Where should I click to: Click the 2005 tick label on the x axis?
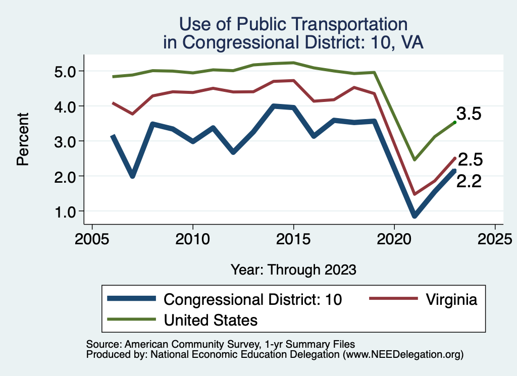[91, 238]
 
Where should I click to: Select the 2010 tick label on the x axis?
[192, 238]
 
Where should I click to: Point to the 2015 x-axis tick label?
[293, 238]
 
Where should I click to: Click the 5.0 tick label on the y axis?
[65, 71]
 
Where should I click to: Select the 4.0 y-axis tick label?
[65, 106]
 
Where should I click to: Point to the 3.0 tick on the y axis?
[65, 141]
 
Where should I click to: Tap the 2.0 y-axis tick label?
[65, 176]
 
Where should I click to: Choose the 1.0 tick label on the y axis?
[65, 211]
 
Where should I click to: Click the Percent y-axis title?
[22, 141]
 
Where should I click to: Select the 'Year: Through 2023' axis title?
[293, 269]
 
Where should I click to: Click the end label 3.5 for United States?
[469, 114]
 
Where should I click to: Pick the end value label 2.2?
[469, 181]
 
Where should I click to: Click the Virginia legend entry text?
[451, 299]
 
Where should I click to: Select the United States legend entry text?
[211, 320]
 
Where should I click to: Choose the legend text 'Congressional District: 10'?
[253, 299]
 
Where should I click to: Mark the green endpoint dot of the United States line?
[454, 122]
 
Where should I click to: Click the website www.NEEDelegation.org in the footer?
[402, 355]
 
